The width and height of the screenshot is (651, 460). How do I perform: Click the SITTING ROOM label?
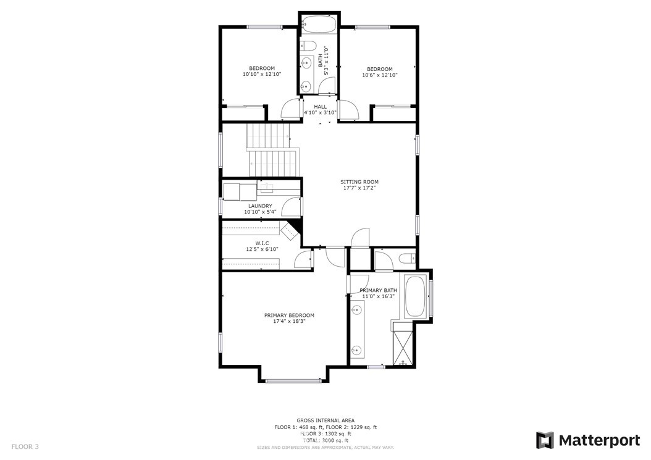[359, 182]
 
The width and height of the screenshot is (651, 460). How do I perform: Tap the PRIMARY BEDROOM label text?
[290, 316]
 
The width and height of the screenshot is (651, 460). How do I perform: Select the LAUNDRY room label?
[260, 206]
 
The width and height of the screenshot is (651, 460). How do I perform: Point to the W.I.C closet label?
[262, 243]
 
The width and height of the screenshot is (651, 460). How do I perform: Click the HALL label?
[320, 107]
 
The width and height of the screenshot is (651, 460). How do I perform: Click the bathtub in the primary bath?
[415, 296]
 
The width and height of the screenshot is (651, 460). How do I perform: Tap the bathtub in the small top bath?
[319, 25]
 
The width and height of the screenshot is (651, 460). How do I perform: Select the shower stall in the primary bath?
[403, 345]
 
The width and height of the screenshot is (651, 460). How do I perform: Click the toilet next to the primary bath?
[407, 259]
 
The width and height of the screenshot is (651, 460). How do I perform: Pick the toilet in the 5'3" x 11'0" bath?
[308, 46]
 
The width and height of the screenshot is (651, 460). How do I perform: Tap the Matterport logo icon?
[545, 440]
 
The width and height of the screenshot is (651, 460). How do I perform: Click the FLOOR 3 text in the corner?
[25, 446]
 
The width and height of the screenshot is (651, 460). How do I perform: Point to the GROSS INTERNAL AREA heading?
[325, 420]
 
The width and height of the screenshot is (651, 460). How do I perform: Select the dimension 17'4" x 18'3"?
[290, 321]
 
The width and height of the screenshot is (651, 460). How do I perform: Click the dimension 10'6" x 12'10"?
[379, 75]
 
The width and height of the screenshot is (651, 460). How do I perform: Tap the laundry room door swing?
[290, 206]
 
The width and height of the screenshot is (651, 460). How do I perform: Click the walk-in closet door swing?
[302, 259]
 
